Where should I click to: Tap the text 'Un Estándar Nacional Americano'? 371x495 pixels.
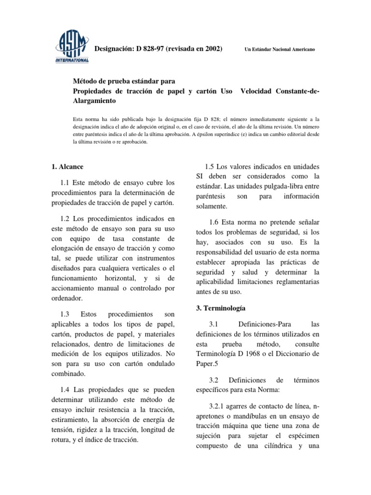[x=281, y=51]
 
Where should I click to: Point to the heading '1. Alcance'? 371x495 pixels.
[x=67, y=167]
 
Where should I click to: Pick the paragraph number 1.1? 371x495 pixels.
[x=66, y=183]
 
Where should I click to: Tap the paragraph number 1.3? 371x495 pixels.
[x=66, y=314]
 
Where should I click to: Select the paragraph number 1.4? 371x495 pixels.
[x=66, y=390]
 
